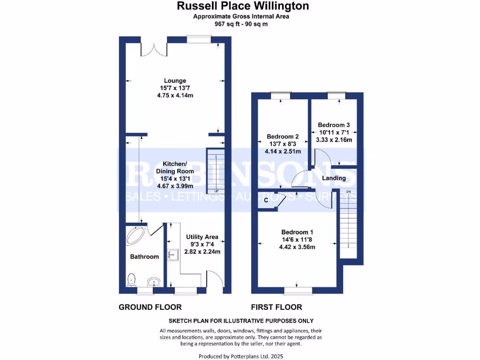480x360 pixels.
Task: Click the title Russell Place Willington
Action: click(242, 6)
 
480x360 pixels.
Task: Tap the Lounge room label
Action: click(175, 81)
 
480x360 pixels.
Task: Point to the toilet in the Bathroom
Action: click(132, 280)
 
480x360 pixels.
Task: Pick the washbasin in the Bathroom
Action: click(153, 282)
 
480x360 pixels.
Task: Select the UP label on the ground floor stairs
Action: click(216, 191)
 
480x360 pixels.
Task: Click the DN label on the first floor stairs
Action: click(348, 191)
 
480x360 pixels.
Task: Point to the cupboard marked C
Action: click(266, 200)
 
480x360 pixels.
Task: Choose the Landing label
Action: click(334, 178)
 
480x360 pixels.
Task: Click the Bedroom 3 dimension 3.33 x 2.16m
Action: click(334, 140)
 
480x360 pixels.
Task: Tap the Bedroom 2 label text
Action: click(283, 137)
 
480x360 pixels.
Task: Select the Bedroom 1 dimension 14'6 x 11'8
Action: click(297, 240)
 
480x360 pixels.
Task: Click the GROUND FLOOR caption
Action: click(150, 307)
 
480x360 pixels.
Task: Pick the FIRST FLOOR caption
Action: click(277, 307)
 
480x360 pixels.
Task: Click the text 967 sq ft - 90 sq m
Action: click(241, 24)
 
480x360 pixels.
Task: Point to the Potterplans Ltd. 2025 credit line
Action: click(241, 356)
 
